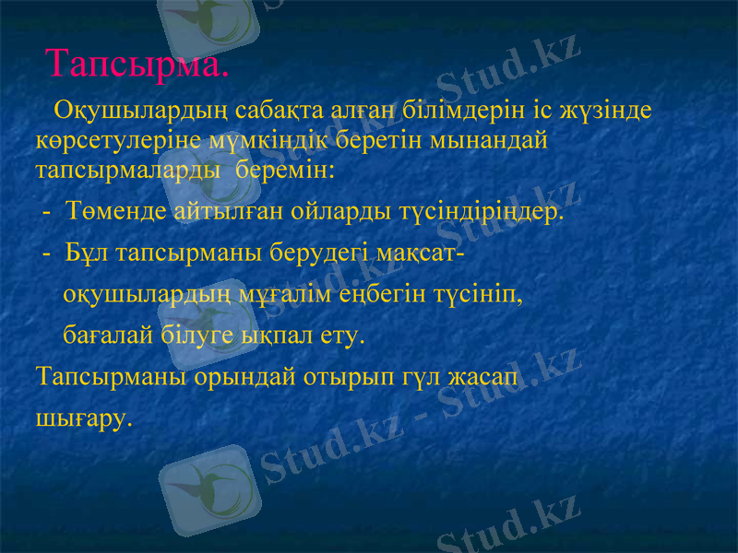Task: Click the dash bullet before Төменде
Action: coord(46,213)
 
